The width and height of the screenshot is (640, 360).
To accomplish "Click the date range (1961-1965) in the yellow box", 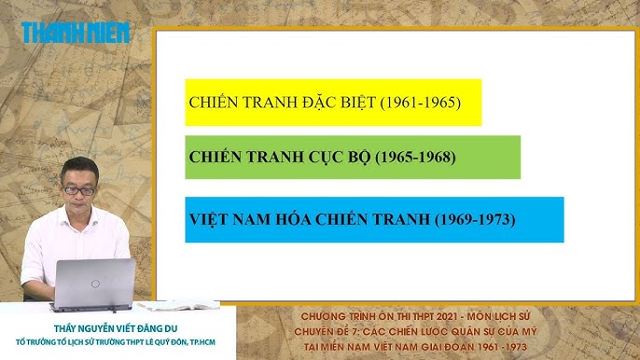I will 421,102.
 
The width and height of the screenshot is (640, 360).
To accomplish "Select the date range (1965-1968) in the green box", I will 415,157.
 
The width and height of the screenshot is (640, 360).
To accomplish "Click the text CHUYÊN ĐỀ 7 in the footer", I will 339,329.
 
